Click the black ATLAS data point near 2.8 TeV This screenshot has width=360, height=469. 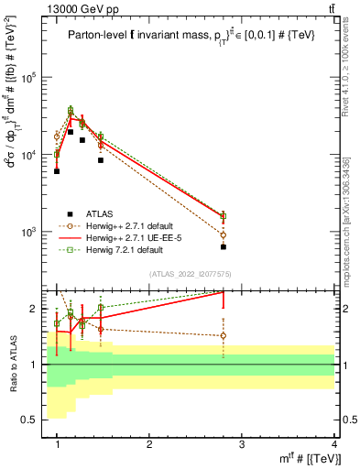224,246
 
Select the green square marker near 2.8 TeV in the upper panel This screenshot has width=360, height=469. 224,216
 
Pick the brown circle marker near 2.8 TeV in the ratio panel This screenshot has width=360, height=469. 224,335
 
